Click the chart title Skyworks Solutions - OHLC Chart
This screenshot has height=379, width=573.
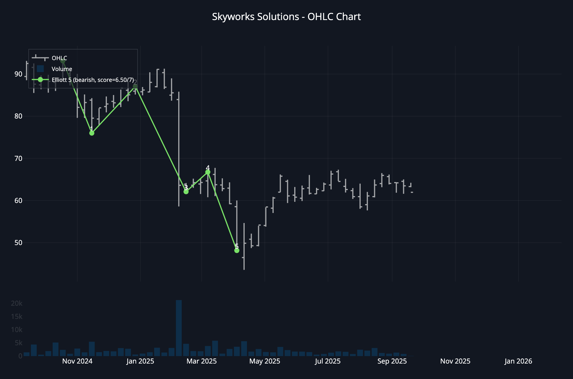[x=286, y=17]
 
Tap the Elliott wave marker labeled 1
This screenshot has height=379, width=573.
[x=92, y=133]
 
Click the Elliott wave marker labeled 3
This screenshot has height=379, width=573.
[x=186, y=192]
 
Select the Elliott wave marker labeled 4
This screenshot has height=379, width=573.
[x=208, y=172]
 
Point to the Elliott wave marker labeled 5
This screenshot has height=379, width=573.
[x=237, y=250]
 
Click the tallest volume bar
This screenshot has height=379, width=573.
[x=178, y=328]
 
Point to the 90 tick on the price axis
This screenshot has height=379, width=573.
[x=18, y=74]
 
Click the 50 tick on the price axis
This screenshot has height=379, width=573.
[x=18, y=243]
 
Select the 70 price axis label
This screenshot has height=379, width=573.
[x=18, y=159]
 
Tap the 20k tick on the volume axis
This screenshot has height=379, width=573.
[x=17, y=303]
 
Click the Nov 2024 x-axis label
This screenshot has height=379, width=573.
[x=77, y=361]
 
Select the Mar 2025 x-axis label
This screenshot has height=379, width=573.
[x=202, y=361]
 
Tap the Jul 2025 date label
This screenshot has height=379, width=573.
[x=328, y=361]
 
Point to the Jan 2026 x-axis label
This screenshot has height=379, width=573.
[x=518, y=361]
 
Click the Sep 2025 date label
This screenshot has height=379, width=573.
[x=392, y=361]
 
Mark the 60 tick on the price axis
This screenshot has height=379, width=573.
[x=18, y=201]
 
